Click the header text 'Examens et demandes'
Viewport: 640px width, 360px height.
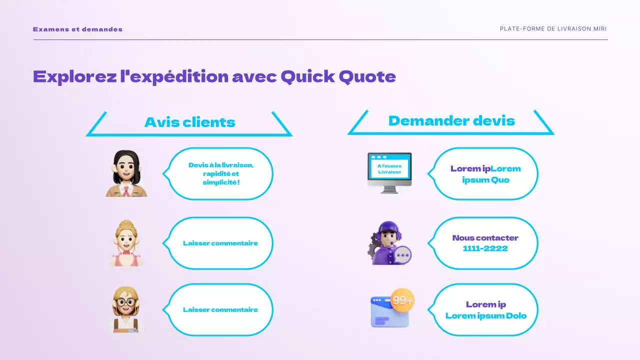pyautogui.click(x=77, y=29)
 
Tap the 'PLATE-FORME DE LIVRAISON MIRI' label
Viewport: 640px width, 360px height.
pyautogui.click(x=553, y=29)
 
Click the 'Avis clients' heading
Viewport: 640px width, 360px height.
pyautogui.click(x=189, y=122)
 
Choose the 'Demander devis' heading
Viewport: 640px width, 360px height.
pyautogui.click(x=451, y=121)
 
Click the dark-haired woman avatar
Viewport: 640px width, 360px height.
pyautogui.click(x=127, y=174)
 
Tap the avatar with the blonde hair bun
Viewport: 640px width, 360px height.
pyautogui.click(x=126, y=243)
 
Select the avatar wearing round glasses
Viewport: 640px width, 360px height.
pyautogui.click(x=126, y=309)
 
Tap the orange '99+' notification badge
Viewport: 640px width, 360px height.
pyautogui.click(x=402, y=300)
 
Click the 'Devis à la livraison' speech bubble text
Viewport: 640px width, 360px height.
pyautogui.click(x=221, y=173)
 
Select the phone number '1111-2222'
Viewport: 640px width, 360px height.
pyautogui.click(x=485, y=248)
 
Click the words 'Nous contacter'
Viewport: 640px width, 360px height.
pyautogui.click(x=485, y=238)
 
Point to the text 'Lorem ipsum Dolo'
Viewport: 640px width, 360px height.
pyautogui.click(x=485, y=315)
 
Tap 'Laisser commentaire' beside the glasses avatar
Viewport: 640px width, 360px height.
pyautogui.click(x=220, y=310)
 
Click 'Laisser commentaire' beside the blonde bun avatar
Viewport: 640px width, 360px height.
pyautogui.click(x=220, y=243)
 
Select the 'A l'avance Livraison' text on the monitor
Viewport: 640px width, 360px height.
pyautogui.click(x=389, y=169)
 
